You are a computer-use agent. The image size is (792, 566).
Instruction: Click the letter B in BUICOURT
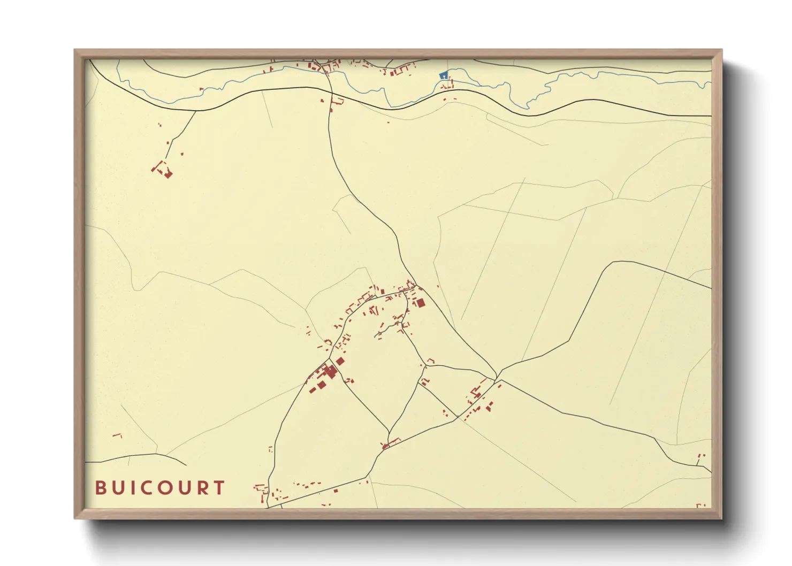[x=100, y=488]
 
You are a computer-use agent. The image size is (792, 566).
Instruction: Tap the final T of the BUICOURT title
[x=218, y=488]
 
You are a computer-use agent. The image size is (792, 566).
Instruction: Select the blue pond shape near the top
[x=443, y=76]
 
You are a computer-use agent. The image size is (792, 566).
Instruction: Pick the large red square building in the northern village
[x=421, y=303]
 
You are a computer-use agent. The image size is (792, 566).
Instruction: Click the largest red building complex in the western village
[x=328, y=371]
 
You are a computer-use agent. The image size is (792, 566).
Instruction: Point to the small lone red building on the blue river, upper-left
[x=201, y=89]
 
